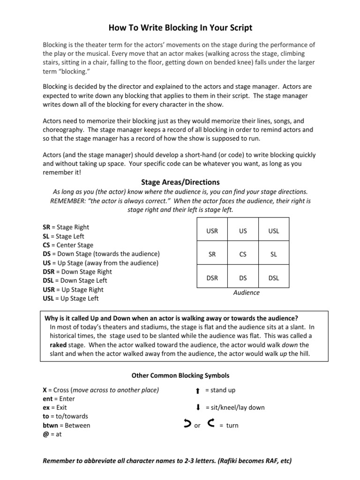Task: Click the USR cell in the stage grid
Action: tap(212, 232)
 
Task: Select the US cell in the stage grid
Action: tap(243, 232)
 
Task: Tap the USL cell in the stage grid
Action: tap(273, 232)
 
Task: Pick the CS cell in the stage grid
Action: tap(243, 254)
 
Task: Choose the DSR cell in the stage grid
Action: tap(212, 277)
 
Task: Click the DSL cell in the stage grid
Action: tap(273, 277)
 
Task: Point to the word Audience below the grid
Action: tap(246, 292)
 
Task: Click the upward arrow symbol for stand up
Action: tap(198, 390)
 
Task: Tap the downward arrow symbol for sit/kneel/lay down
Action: tap(198, 408)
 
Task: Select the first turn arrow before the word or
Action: tap(187, 425)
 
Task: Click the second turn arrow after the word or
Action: tap(210, 425)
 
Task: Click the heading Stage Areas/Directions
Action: tap(180, 182)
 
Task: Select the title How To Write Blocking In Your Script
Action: tap(180, 28)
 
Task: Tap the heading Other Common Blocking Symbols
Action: tap(180, 375)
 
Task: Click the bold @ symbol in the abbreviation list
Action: tap(45, 434)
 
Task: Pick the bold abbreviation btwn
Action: tap(51, 425)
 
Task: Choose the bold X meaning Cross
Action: tap(45, 390)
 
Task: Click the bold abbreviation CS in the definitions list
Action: tap(46, 245)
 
